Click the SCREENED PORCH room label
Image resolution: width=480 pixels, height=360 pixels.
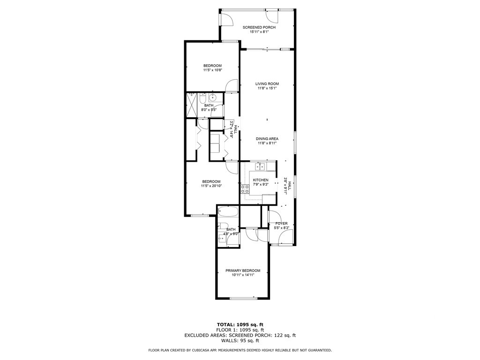pos(259,27)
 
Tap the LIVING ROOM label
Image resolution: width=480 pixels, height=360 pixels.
pos(267,84)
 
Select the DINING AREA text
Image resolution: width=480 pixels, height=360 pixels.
pos(267,139)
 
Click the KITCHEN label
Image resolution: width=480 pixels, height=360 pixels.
pos(261,180)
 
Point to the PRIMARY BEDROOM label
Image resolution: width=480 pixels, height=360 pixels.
pos(243,270)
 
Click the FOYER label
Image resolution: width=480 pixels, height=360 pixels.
pos(281,224)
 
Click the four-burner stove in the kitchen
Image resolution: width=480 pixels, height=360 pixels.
pos(245,189)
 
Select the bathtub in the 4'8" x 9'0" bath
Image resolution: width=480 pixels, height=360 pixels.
pos(228,211)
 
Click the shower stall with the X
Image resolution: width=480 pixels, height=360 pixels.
pos(192,105)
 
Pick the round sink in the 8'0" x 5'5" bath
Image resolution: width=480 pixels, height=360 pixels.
pos(213,97)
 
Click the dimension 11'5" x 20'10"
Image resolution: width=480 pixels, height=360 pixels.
pos(211,186)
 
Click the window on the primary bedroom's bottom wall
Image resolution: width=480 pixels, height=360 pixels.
pos(244,298)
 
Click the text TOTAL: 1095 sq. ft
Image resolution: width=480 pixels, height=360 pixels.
pos(240,324)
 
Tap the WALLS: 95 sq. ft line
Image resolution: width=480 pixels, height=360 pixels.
pos(240,340)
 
